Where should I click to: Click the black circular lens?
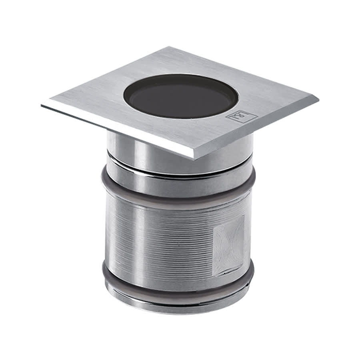181,98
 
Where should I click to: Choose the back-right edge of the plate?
244,72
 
